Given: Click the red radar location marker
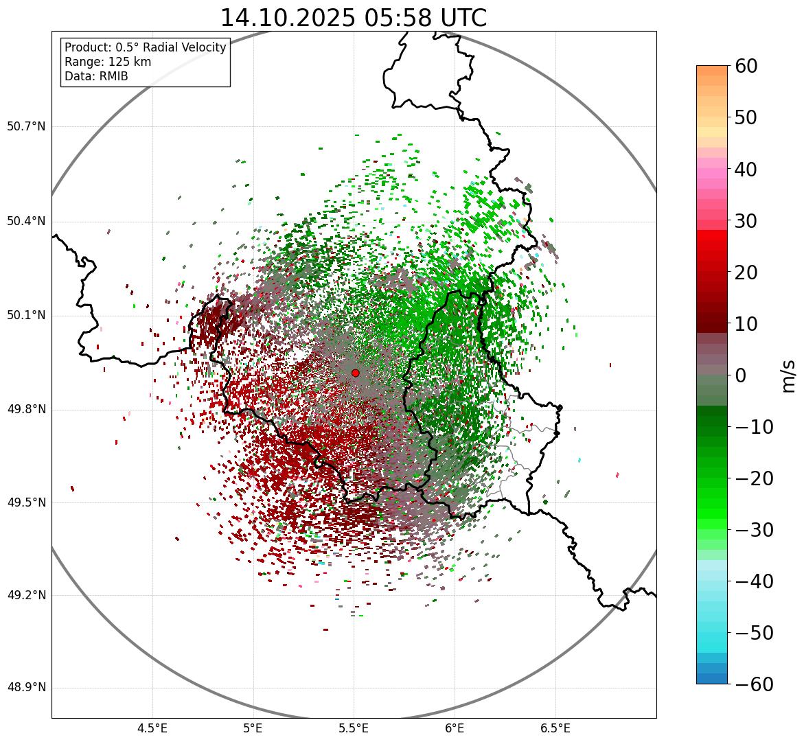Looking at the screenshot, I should [x=355, y=373].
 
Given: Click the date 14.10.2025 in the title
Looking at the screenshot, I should [x=287, y=18].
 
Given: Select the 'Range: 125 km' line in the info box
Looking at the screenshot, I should [x=108, y=62].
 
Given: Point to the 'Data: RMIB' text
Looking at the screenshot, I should [x=96, y=76].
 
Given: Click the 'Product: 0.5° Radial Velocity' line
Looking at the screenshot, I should [x=145, y=47].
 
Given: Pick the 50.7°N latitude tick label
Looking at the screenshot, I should [x=26, y=126].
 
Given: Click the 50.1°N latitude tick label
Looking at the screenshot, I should [x=26, y=316].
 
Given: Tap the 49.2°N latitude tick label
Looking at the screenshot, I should [x=26, y=595].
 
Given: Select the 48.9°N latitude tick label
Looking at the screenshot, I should [x=26, y=688].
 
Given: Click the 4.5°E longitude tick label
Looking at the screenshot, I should [x=152, y=728].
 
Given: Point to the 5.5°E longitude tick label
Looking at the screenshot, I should [x=354, y=728].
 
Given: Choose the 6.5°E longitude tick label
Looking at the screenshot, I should [x=555, y=728].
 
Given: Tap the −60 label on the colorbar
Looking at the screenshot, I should [x=753, y=684].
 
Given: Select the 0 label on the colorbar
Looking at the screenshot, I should [x=741, y=375].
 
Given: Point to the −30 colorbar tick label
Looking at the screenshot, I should [x=753, y=530].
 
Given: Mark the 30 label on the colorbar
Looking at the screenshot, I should [x=746, y=221].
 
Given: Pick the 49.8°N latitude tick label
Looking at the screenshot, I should [x=26, y=410].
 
